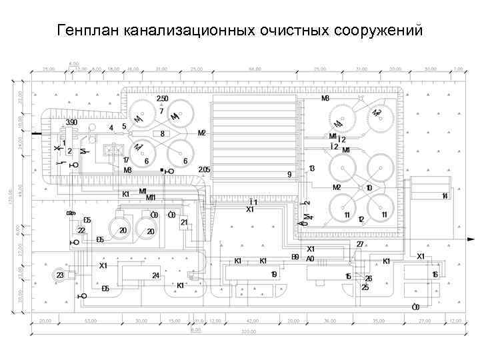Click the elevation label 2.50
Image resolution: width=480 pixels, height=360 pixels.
(162, 99)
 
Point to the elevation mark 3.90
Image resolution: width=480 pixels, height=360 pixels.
(71, 123)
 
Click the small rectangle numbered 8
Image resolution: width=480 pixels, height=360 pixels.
(162, 134)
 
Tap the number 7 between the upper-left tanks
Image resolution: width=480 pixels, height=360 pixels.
(161, 111)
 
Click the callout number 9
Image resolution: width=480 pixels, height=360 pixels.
(289, 174)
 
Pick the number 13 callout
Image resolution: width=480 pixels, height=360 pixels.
(311, 169)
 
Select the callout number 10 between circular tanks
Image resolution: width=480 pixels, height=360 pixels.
(369, 188)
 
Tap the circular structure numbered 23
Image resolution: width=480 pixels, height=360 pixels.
(60, 275)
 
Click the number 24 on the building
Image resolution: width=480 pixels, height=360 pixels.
(155, 275)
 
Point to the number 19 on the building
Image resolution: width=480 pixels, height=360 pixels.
(273, 275)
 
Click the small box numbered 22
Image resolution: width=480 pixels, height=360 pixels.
(81, 231)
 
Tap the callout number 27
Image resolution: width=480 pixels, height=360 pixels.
(360, 245)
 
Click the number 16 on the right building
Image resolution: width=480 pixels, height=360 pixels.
(435, 275)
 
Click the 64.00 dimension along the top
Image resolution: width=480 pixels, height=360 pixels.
(254, 69)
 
